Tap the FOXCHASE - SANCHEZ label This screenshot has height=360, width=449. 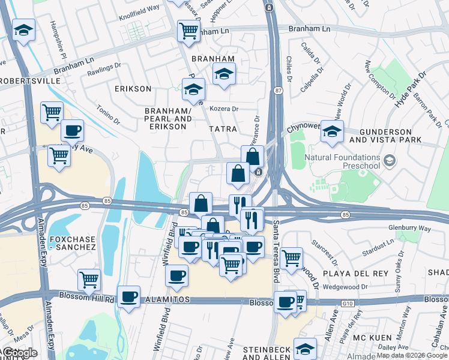(x=69, y=242)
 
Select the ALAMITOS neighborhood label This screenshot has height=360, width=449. (x=166, y=299)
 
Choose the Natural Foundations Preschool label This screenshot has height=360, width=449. (x=343, y=161)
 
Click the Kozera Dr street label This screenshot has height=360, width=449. (x=224, y=109)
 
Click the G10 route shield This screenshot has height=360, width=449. (x=348, y=304)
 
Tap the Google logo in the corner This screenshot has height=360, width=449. (x=21, y=353)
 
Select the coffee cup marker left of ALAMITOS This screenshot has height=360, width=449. (x=129, y=296)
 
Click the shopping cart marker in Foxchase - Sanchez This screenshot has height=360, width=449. (x=89, y=279)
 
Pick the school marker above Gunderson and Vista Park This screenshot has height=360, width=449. (x=331, y=131)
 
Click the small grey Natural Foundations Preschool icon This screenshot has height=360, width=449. (x=390, y=160)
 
